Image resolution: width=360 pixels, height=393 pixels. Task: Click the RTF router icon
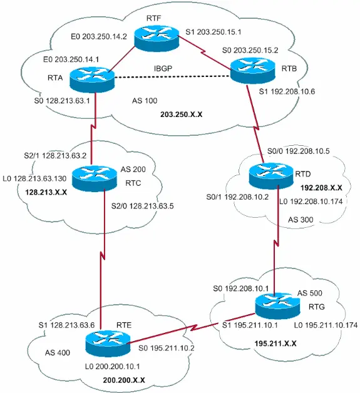click(155, 41)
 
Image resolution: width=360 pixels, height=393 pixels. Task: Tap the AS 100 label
click(145, 101)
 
